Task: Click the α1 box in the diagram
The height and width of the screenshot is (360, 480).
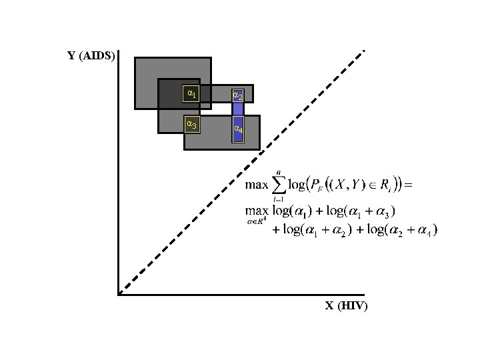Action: coord(191,94)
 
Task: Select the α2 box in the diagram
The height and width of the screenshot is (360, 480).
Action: coord(237,95)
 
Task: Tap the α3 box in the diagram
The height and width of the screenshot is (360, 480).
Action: coord(191,124)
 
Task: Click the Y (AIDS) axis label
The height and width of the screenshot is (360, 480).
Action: coord(91,56)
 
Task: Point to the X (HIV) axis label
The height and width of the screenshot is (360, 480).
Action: coord(346,306)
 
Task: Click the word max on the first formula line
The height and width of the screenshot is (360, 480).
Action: coord(258,184)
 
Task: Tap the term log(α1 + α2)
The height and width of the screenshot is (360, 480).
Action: coord(316,231)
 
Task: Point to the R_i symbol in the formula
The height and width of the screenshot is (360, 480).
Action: coord(385,185)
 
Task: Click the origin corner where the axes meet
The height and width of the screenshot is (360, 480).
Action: coord(118,293)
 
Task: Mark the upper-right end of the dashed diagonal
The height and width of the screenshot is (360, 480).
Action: coord(363,51)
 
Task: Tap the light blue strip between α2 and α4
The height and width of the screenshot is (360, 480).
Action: coord(238,109)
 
